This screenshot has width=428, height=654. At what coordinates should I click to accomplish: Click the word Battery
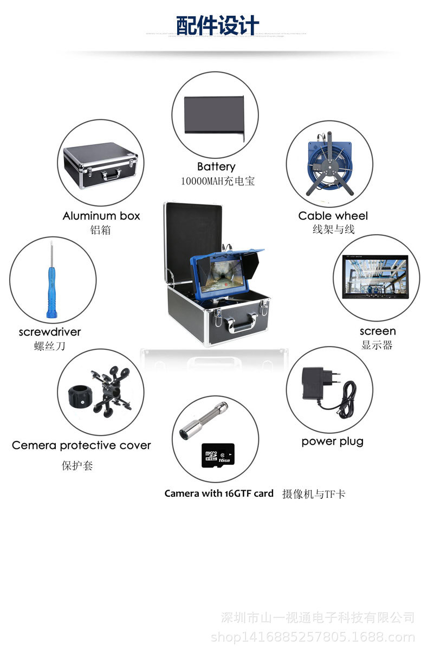tap(216, 166)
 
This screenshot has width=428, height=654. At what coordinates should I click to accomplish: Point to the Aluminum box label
tap(101, 216)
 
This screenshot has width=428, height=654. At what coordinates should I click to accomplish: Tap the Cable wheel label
tap(333, 216)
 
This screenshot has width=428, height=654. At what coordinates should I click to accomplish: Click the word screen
tap(377, 331)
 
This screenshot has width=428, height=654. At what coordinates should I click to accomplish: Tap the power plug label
tap(332, 441)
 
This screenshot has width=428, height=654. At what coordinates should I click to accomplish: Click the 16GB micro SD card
tap(216, 456)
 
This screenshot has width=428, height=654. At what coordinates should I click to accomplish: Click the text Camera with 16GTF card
tap(219, 493)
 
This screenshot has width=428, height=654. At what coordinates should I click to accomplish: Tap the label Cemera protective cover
tap(81, 445)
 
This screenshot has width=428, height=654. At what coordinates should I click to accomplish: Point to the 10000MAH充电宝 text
tap(217, 181)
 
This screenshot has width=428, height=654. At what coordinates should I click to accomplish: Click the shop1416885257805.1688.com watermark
tap(313, 637)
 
